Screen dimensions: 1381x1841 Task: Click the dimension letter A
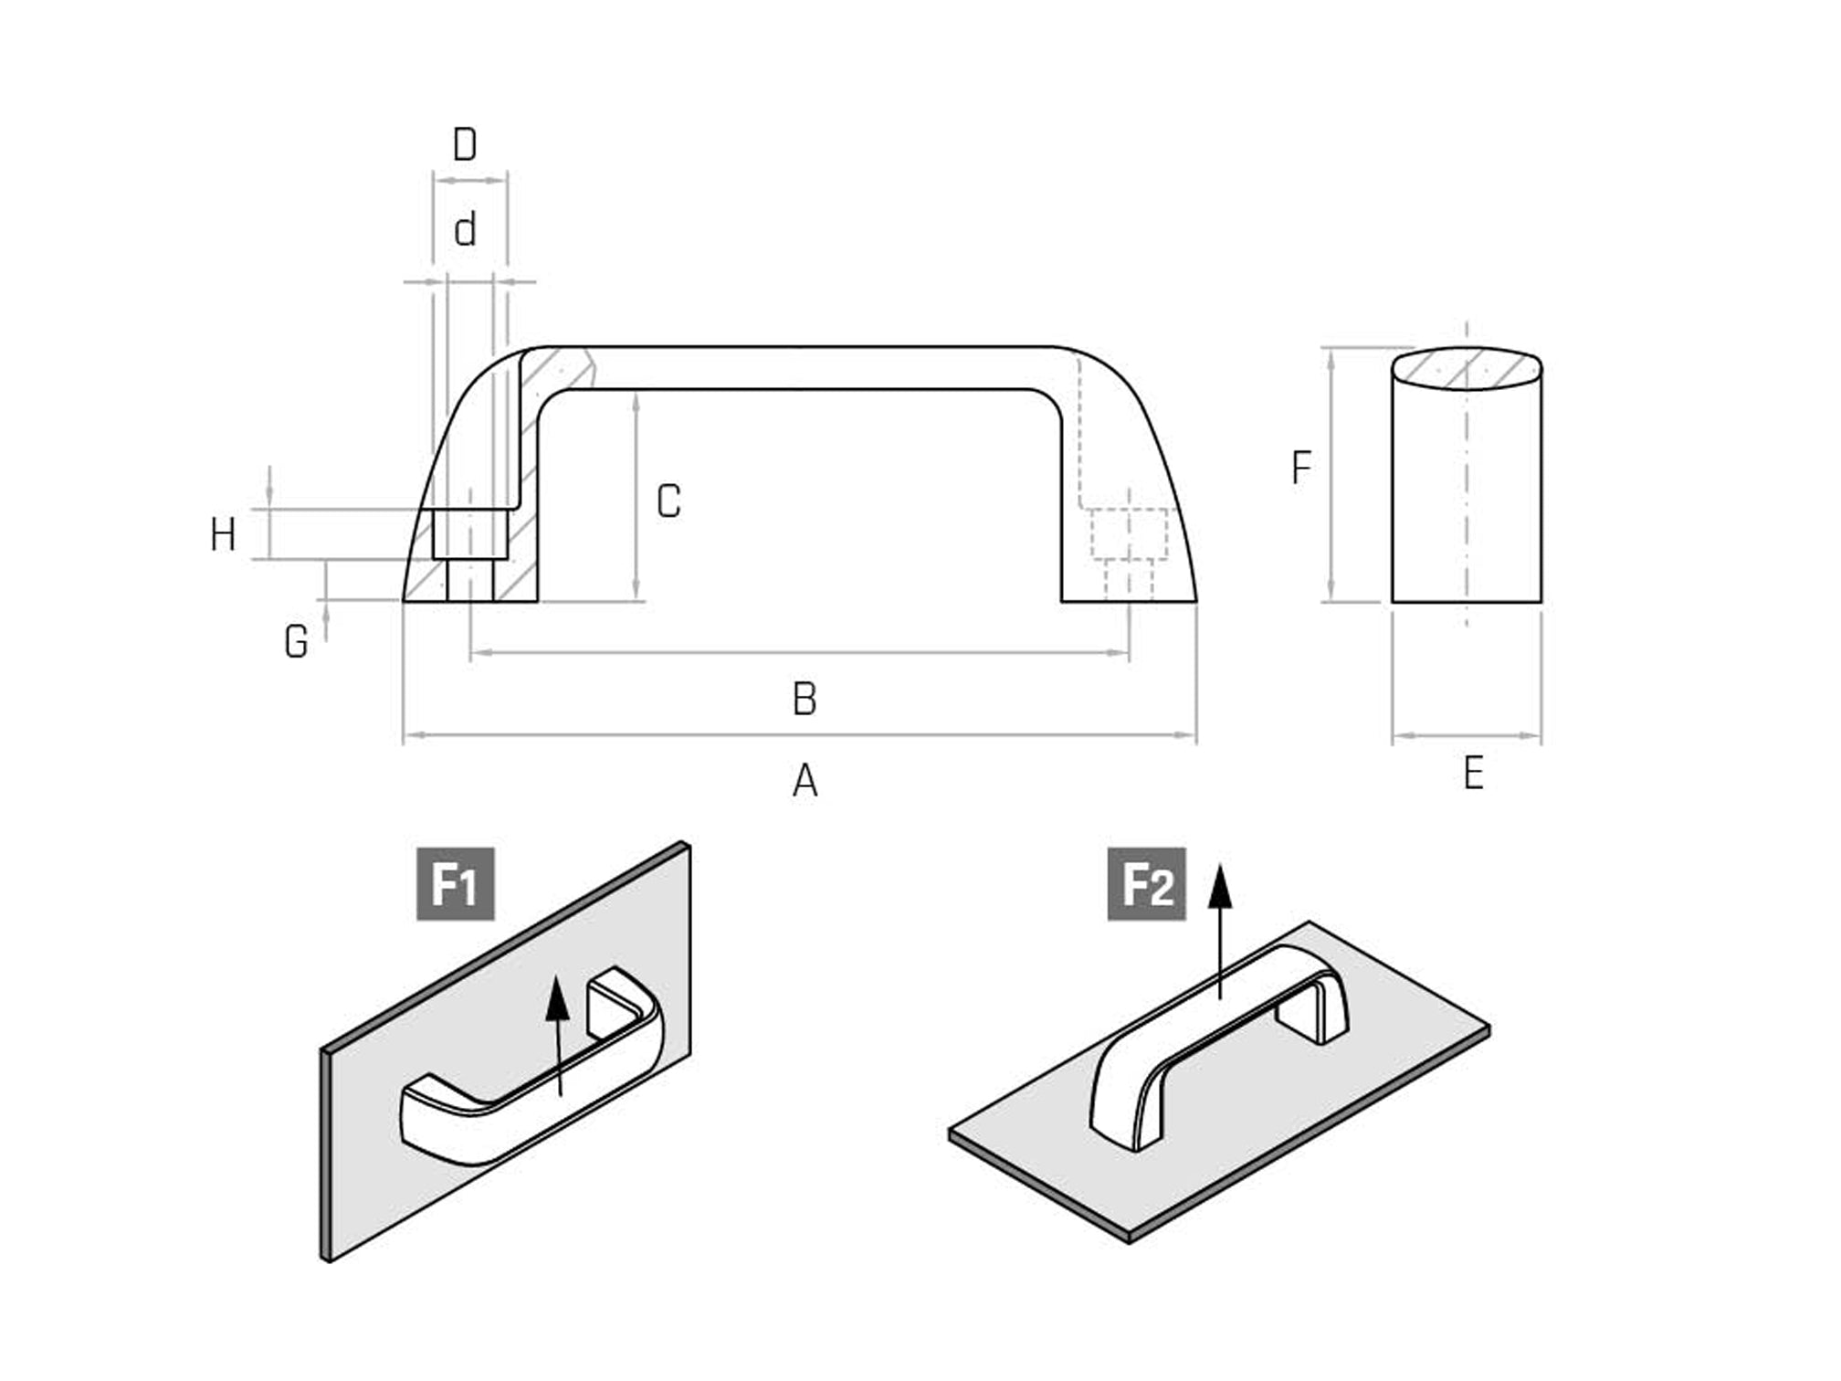point(805,781)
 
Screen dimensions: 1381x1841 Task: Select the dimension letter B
point(805,699)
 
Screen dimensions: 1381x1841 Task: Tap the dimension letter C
point(668,501)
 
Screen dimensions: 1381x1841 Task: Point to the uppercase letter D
point(465,144)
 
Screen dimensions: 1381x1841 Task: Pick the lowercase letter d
point(465,230)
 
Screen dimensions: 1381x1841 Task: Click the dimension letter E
point(1473,774)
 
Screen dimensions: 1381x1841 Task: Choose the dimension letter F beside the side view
point(1301,468)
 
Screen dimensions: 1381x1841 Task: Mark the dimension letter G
point(296,641)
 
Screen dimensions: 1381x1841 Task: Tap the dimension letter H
point(223,534)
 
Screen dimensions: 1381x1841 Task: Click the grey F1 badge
point(456,883)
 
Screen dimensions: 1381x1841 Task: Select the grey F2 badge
point(1146,883)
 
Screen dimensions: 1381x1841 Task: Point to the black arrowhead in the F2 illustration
point(1220,887)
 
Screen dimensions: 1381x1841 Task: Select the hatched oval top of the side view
point(1467,368)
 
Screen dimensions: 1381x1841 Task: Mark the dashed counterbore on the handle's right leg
point(1130,534)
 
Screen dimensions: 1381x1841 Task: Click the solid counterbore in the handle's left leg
point(470,534)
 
